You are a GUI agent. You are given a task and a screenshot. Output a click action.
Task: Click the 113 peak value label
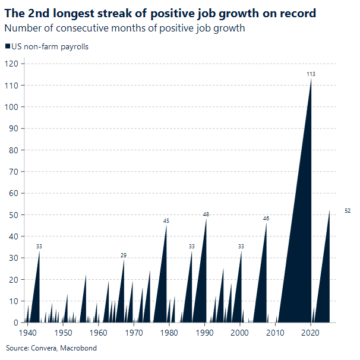click(x=310, y=74)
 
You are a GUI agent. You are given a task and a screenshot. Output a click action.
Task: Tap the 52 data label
click(x=348, y=211)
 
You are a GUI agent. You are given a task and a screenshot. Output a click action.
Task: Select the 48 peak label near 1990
click(x=206, y=214)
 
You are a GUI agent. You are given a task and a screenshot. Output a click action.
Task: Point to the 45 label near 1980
click(x=166, y=221)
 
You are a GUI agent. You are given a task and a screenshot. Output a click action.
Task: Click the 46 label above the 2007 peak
click(x=266, y=219)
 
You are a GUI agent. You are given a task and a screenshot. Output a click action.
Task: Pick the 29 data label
click(x=124, y=255)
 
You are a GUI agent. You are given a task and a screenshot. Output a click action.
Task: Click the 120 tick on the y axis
click(x=12, y=64)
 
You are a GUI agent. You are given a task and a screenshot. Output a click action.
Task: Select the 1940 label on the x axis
click(x=28, y=333)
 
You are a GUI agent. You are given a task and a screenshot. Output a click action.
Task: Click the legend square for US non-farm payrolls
click(x=7, y=47)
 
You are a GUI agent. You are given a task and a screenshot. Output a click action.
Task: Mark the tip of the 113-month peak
click(x=311, y=80)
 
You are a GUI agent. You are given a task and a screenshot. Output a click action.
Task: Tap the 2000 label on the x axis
click(x=240, y=333)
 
